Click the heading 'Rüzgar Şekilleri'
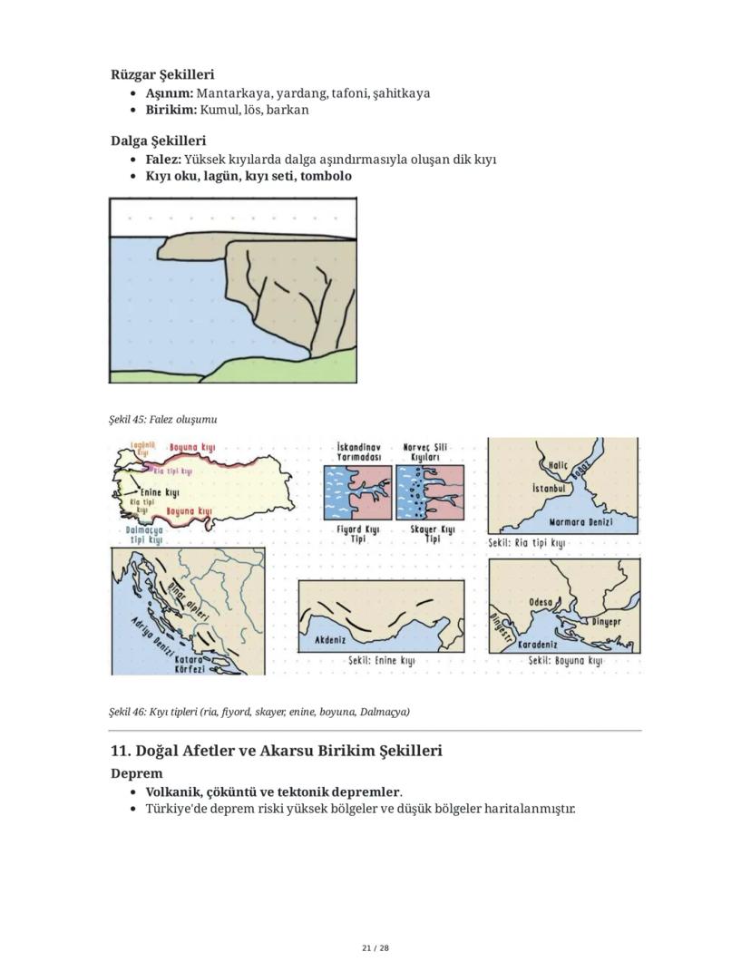click(162, 74)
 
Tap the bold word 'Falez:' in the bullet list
click(163, 160)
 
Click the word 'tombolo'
click(326, 176)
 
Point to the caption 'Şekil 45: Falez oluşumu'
click(162, 420)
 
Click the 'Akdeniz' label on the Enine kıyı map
click(330, 639)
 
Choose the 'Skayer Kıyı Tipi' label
click(432, 533)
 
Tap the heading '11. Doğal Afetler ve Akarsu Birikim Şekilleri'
click(276, 751)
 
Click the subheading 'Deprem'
click(136, 773)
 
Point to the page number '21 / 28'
click(375, 948)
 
